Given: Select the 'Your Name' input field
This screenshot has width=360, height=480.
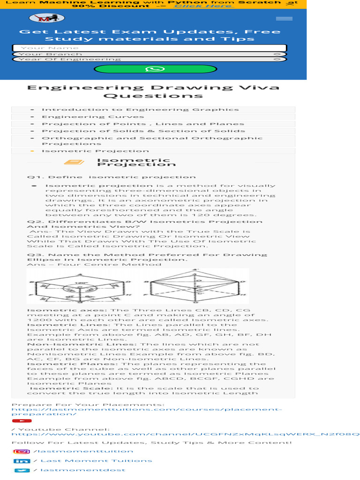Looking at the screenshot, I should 150,48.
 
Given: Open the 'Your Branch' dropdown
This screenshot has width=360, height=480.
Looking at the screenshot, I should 150,54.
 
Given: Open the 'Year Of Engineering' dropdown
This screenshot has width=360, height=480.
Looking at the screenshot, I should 150,60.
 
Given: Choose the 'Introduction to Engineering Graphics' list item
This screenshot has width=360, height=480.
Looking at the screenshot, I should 140,110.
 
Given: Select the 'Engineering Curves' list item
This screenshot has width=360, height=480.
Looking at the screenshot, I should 86,117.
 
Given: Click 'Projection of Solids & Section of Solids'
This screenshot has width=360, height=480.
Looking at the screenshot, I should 143,131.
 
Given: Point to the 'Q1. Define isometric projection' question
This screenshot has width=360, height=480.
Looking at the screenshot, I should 111,177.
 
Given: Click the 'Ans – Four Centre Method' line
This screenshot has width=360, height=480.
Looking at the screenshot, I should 94,264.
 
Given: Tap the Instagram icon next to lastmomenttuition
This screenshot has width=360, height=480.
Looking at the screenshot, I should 21,451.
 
